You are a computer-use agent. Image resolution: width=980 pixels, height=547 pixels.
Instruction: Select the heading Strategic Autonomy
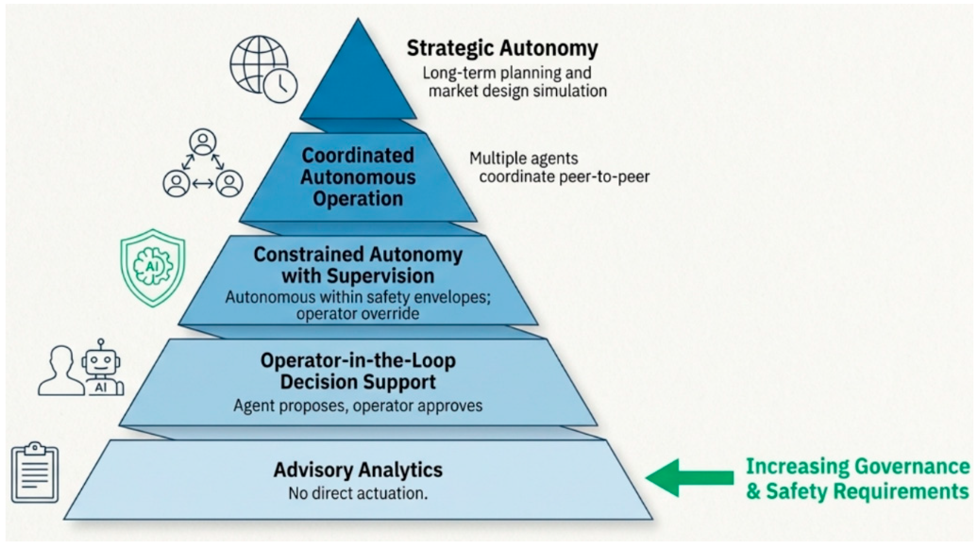click(x=502, y=49)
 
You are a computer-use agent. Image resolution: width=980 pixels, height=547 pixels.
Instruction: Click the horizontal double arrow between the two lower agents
click(x=203, y=184)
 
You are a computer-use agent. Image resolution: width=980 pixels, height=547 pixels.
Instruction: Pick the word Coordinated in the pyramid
click(x=357, y=155)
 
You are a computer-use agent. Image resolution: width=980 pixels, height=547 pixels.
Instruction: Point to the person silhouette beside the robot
click(x=61, y=371)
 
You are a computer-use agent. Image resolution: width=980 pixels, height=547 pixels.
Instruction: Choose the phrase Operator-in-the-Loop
click(x=358, y=361)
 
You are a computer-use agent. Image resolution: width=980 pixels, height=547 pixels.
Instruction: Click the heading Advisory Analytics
click(x=358, y=470)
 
